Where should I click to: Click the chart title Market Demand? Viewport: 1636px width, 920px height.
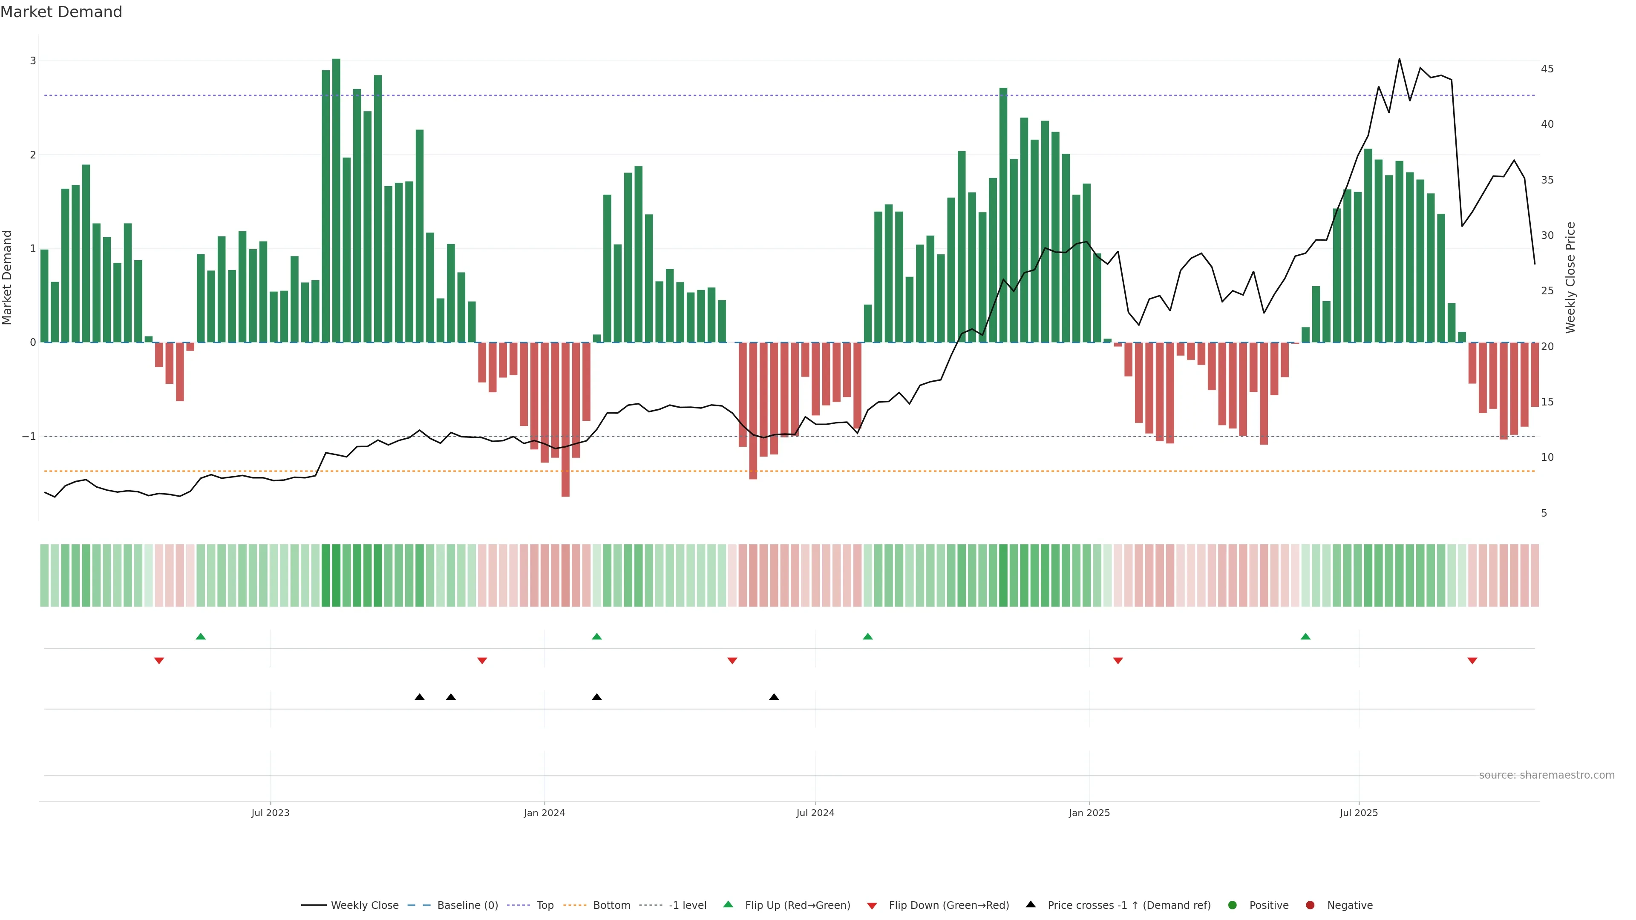[x=61, y=12]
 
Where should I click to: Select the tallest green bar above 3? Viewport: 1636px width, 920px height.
[x=336, y=200]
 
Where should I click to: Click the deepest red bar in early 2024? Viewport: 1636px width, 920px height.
[x=565, y=419]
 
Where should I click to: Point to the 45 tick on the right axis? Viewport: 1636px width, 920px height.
[x=1547, y=69]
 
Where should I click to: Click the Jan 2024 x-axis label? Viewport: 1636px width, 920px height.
[x=544, y=813]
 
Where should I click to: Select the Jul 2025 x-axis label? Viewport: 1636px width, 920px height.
[x=1359, y=813]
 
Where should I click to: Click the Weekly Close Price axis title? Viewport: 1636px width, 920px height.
[x=1570, y=277]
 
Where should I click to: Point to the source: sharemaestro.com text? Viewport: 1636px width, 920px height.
[x=1547, y=775]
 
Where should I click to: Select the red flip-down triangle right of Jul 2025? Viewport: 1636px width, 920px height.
[x=1472, y=661]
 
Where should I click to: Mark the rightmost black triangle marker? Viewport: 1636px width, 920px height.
[x=774, y=697]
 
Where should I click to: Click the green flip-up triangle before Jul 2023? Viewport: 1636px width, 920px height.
[x=201, y=636]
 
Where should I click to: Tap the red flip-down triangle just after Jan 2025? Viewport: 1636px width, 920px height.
[x=1118, y=661]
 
